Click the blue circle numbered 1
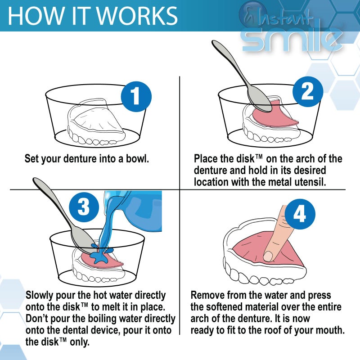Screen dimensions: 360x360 point(136,97)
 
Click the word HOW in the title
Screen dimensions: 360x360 point(30,16)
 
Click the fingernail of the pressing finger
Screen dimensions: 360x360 point(268,256)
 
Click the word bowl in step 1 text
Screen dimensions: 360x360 point(135,159)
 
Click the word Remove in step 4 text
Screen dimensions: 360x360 point(209,296)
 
